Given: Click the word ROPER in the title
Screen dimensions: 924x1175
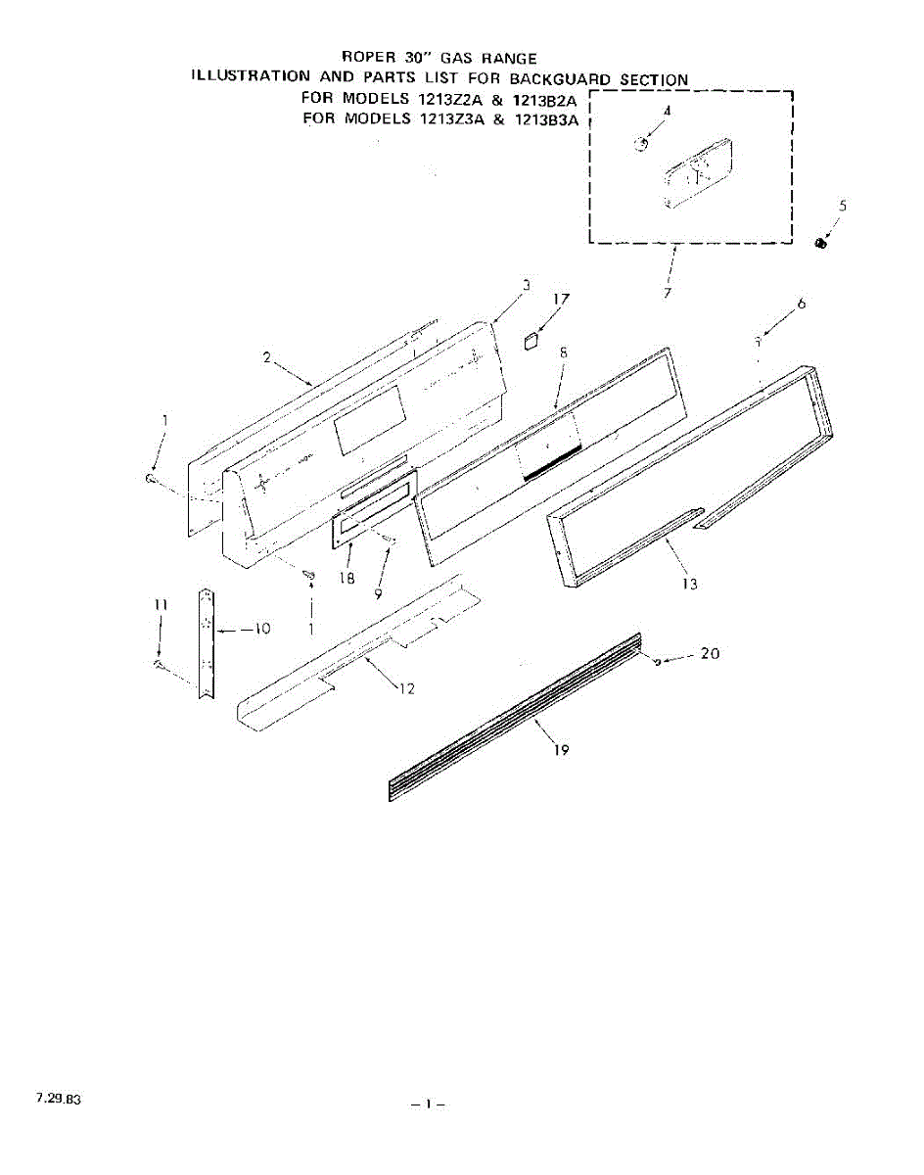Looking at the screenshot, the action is [368, 59].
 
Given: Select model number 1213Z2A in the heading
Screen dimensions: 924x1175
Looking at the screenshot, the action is [453, 99].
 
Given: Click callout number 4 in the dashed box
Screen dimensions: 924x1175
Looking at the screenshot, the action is [667, 111].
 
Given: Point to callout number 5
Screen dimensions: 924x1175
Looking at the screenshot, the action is [843, 206].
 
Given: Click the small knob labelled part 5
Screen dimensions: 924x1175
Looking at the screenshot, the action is [821, 243].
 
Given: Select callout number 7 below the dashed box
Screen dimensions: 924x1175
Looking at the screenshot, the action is [667, 293].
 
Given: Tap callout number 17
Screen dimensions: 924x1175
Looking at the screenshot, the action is [561, 299].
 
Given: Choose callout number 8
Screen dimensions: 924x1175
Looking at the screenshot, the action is [563, 351].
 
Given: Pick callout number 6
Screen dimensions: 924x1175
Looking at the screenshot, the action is [802, 305].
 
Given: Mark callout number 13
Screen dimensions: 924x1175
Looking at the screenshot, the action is [690, 584].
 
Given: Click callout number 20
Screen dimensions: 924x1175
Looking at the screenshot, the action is [710, 653].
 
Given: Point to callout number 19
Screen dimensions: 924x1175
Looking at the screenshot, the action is [559, 750].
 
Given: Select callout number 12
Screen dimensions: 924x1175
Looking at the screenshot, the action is [407, 688].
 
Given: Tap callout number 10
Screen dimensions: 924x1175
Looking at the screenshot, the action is [260, 629].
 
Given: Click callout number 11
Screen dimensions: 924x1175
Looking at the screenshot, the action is [160, 606].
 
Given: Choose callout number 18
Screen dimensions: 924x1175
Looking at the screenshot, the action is [346, 579].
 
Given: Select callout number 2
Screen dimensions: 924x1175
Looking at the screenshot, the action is [266, 357].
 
